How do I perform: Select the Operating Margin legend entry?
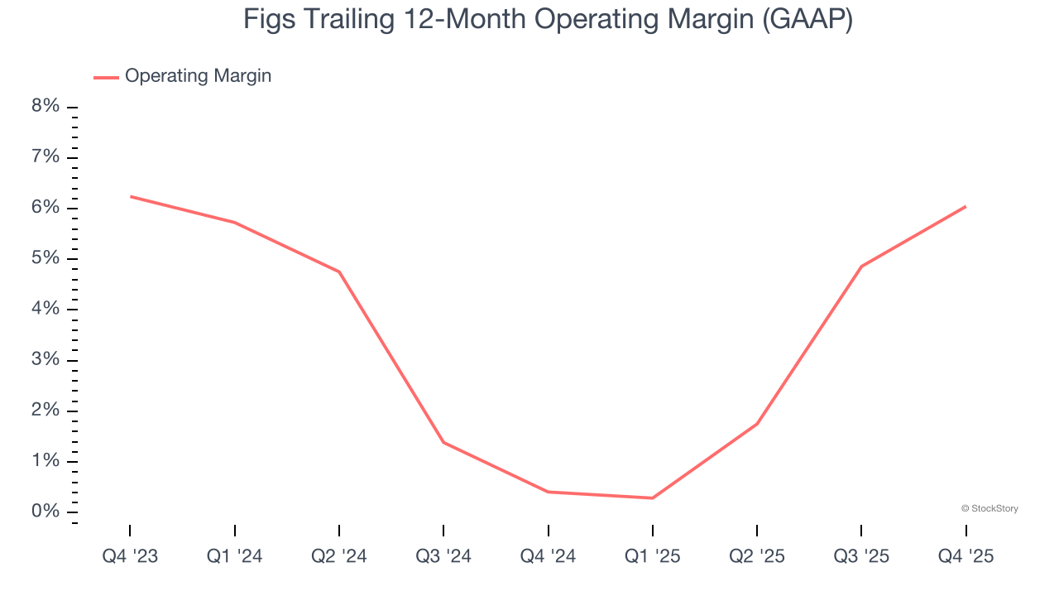(x=198, y=76)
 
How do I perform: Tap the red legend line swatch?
(x=106, y=77)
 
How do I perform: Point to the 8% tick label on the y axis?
(x=46, y=107)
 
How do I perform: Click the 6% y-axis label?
(x=46, y=208)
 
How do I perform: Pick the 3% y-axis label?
(x=46, y=360)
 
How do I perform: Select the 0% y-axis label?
(x=46, y=512)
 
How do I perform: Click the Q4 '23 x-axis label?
(x=130, y=557)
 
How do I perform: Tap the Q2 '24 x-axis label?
(x=339, y=557)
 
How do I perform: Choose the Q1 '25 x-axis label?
(x=653, y=557)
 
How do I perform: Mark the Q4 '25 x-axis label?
(x=966, y=557)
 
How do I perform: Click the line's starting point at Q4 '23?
(x=131, y=196)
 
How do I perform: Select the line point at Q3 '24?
(x=443, y=442)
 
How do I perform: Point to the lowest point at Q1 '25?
(x=653, y=498)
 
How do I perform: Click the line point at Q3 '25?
(x=861, y=267)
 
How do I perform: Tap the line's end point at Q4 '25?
(x=966, y=206)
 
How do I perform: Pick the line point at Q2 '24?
(x=339, y=272)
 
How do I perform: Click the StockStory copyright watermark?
(x=990, y=508)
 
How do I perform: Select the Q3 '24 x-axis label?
(x=443, y=557)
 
